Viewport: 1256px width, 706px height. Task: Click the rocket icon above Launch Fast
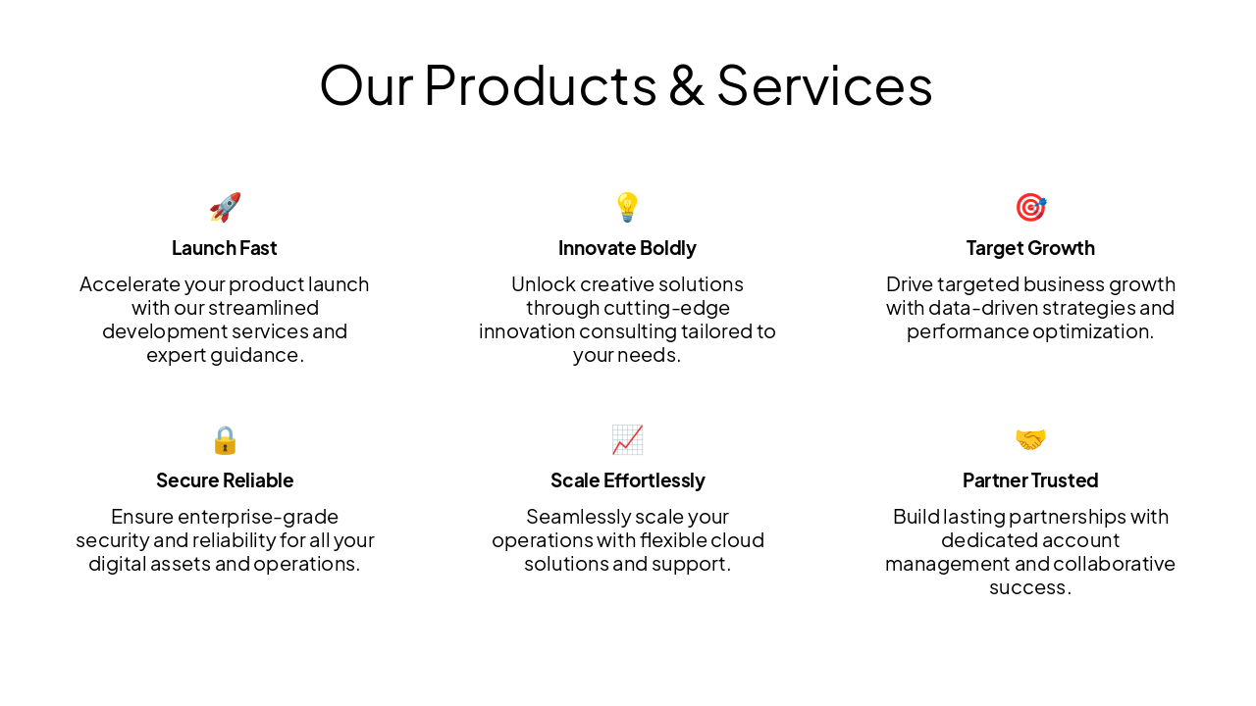[225, 207]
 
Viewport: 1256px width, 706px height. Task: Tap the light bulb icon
[627, 207]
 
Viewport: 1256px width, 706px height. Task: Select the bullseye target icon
[1030, 207]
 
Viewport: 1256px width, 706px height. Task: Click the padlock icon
[225, 439]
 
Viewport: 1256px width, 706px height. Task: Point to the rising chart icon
[627, 439]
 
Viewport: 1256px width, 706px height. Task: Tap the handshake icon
[1030, 439]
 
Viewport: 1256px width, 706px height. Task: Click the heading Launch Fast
[225, 248]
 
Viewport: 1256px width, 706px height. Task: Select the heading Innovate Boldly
[627, 248]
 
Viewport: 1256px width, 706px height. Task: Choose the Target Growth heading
[1030, 248]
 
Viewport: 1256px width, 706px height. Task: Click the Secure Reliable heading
[225, 480]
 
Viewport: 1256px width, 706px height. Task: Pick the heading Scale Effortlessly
[627, 480]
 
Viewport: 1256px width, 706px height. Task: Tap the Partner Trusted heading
[1030, 480]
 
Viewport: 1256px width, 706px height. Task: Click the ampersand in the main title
[686, 85]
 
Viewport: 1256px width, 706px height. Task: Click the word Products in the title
[540, 85]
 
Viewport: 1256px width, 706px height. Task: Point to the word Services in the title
[824, 85]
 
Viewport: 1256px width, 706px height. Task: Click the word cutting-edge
[666, 308]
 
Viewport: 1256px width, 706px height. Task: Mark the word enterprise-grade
[258, 517]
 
